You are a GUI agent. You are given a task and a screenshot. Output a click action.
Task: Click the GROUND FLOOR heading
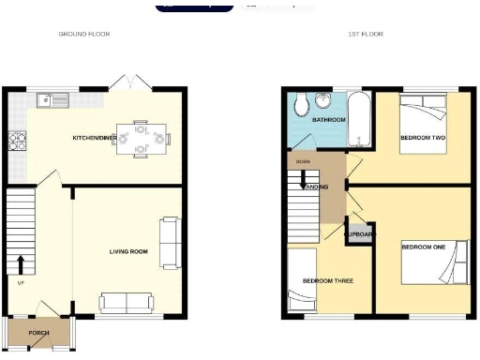(x=84, y=34)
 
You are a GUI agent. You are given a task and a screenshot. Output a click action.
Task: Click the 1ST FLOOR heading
(x=366, y=34)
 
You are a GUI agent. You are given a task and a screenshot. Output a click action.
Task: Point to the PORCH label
(x=38, y=332)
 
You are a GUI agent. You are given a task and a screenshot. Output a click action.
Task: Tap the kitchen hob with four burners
(x=16, y=141)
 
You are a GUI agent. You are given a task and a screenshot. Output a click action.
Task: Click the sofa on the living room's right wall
(x=170, y=240)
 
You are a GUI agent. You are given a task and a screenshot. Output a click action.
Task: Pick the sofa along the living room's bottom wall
(x=127, y=302)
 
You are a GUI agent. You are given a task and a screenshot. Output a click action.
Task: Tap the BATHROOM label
(x=329, y=120)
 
